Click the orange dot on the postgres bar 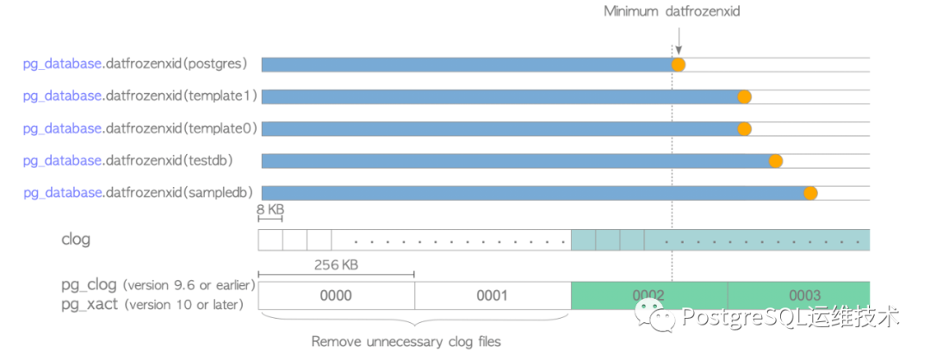click(678, 65)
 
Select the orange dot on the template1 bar click(744, 96)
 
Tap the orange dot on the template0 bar click(744, 128)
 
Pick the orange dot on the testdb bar click(775, 161)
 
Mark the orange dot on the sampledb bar click(810, 193)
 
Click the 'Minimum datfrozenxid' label click(672, 11)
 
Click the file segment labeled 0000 click(337, 295)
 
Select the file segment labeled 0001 click(493, 295)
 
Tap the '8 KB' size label click(270, 208)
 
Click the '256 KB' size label click(337, 264)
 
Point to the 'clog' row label click(76, 239)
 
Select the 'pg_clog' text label click(89, 285)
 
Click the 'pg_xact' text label click(89, 305)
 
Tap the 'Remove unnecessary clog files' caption click(406, 342)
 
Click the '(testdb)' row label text click(208, 161)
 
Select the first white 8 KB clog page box click(270, 239)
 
